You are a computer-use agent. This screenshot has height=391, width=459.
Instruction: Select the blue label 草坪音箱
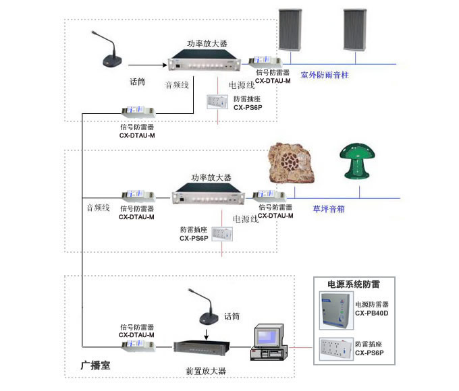329,209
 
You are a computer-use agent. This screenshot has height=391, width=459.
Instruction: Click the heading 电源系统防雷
353,284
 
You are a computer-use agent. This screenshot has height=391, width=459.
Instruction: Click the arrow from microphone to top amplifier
148,65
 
